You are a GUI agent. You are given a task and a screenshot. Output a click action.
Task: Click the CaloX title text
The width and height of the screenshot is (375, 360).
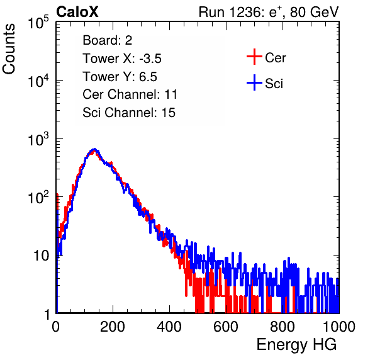pos(77,12)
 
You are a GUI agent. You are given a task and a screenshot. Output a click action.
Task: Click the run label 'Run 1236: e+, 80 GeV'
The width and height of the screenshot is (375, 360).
pos(269,12)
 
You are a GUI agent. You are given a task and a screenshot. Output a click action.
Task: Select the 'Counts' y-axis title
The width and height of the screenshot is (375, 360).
pos(9,48)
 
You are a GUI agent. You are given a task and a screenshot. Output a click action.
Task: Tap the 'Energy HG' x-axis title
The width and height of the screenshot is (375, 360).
pos(296,345)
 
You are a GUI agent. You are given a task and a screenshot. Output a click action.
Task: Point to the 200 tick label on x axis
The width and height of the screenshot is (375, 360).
pos(113,327)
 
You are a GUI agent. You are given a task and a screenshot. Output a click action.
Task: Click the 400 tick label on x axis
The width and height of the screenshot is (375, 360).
pos(169,327)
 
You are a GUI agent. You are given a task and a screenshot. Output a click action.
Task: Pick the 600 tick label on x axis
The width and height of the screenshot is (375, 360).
pos(226,327)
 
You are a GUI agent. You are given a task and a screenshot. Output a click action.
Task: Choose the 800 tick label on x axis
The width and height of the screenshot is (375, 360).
pos(283,327)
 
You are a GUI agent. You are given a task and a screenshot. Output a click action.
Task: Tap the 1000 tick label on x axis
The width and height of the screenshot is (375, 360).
pos(339,327)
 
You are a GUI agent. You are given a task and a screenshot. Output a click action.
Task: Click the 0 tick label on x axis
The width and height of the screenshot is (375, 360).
pos(56,327)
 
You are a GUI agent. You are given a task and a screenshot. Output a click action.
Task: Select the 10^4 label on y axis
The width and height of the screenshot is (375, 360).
pos(38,81)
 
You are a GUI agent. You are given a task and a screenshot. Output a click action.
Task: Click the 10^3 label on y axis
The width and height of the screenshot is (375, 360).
pos(38,139)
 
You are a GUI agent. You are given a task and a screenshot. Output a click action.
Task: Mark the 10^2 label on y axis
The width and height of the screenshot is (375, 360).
pos(38,197)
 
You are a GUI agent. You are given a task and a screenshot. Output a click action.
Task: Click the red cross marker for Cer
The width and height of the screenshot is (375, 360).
pos(254,57)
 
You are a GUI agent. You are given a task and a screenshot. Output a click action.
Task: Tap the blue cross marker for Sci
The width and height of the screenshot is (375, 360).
pos(254,82)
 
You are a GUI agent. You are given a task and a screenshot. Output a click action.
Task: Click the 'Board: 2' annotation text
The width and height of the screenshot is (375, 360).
pos(108,40)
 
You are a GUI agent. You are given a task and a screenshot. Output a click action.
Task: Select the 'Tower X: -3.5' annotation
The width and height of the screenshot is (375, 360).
pos(122,59)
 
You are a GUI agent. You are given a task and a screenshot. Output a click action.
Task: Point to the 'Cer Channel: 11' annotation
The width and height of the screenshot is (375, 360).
pos(130,94)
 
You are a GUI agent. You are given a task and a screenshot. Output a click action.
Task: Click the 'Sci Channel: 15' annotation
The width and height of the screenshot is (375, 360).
pos(129,113)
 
